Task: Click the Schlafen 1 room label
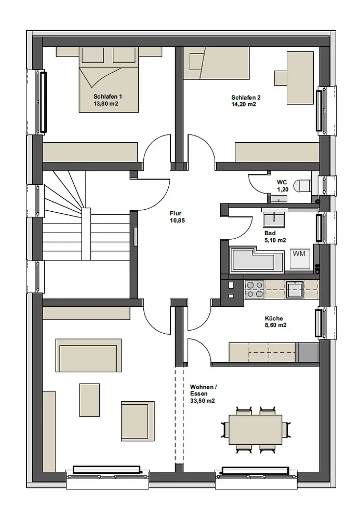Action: pyautogui.click(x=108, y=97)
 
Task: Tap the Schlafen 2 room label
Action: pyautogui.click(x=246, y=98)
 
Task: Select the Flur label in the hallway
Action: pyautogui.click(x=176, y=213)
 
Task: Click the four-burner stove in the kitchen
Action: pyautogui.click(x=255, y=289)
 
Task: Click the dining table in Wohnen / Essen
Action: pyautogui.click(x=256, y=429)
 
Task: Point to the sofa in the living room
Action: pyautogui.click(x=88, y=355)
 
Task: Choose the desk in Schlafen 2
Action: pyautogui.click(x=300, y=78)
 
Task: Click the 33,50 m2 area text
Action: pyautogui.click(x=203, y=401)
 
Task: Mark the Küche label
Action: pyautogui.click(x=274, y=318)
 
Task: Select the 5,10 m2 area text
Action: pyautogui.click(x=275, y=240)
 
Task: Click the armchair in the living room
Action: pyautogui.click(x=138, y=421)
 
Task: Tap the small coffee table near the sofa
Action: pyautogui.click(x=89, y=400)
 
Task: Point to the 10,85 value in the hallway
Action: pyautogui.click(x=177, y=221)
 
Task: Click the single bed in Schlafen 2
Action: pyautogui.click(x=217, y=63)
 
